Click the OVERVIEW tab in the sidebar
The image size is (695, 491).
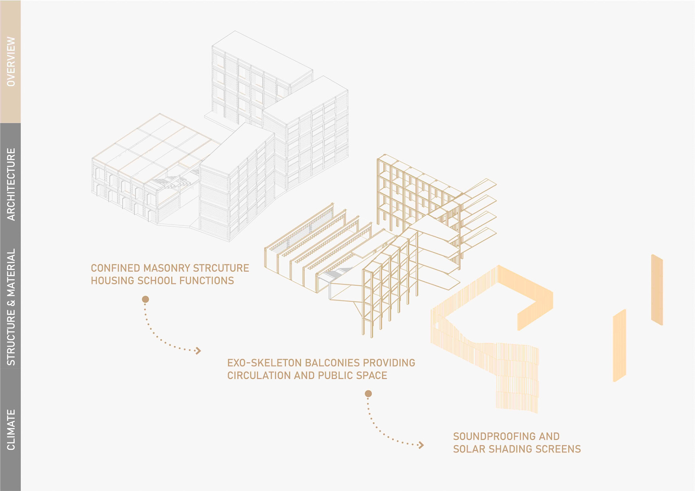click(11, 62)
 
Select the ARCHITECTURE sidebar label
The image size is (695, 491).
click(11, 184)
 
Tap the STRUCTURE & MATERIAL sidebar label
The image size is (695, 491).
click(11, 307)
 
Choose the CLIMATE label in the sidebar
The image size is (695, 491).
click(11, 430)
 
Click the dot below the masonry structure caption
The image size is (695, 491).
click(146, 299)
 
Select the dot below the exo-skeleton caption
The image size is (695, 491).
click(368, 394)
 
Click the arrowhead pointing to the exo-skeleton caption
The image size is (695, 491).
click(198, 350)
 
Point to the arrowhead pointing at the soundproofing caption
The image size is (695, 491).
click(421, 445)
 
